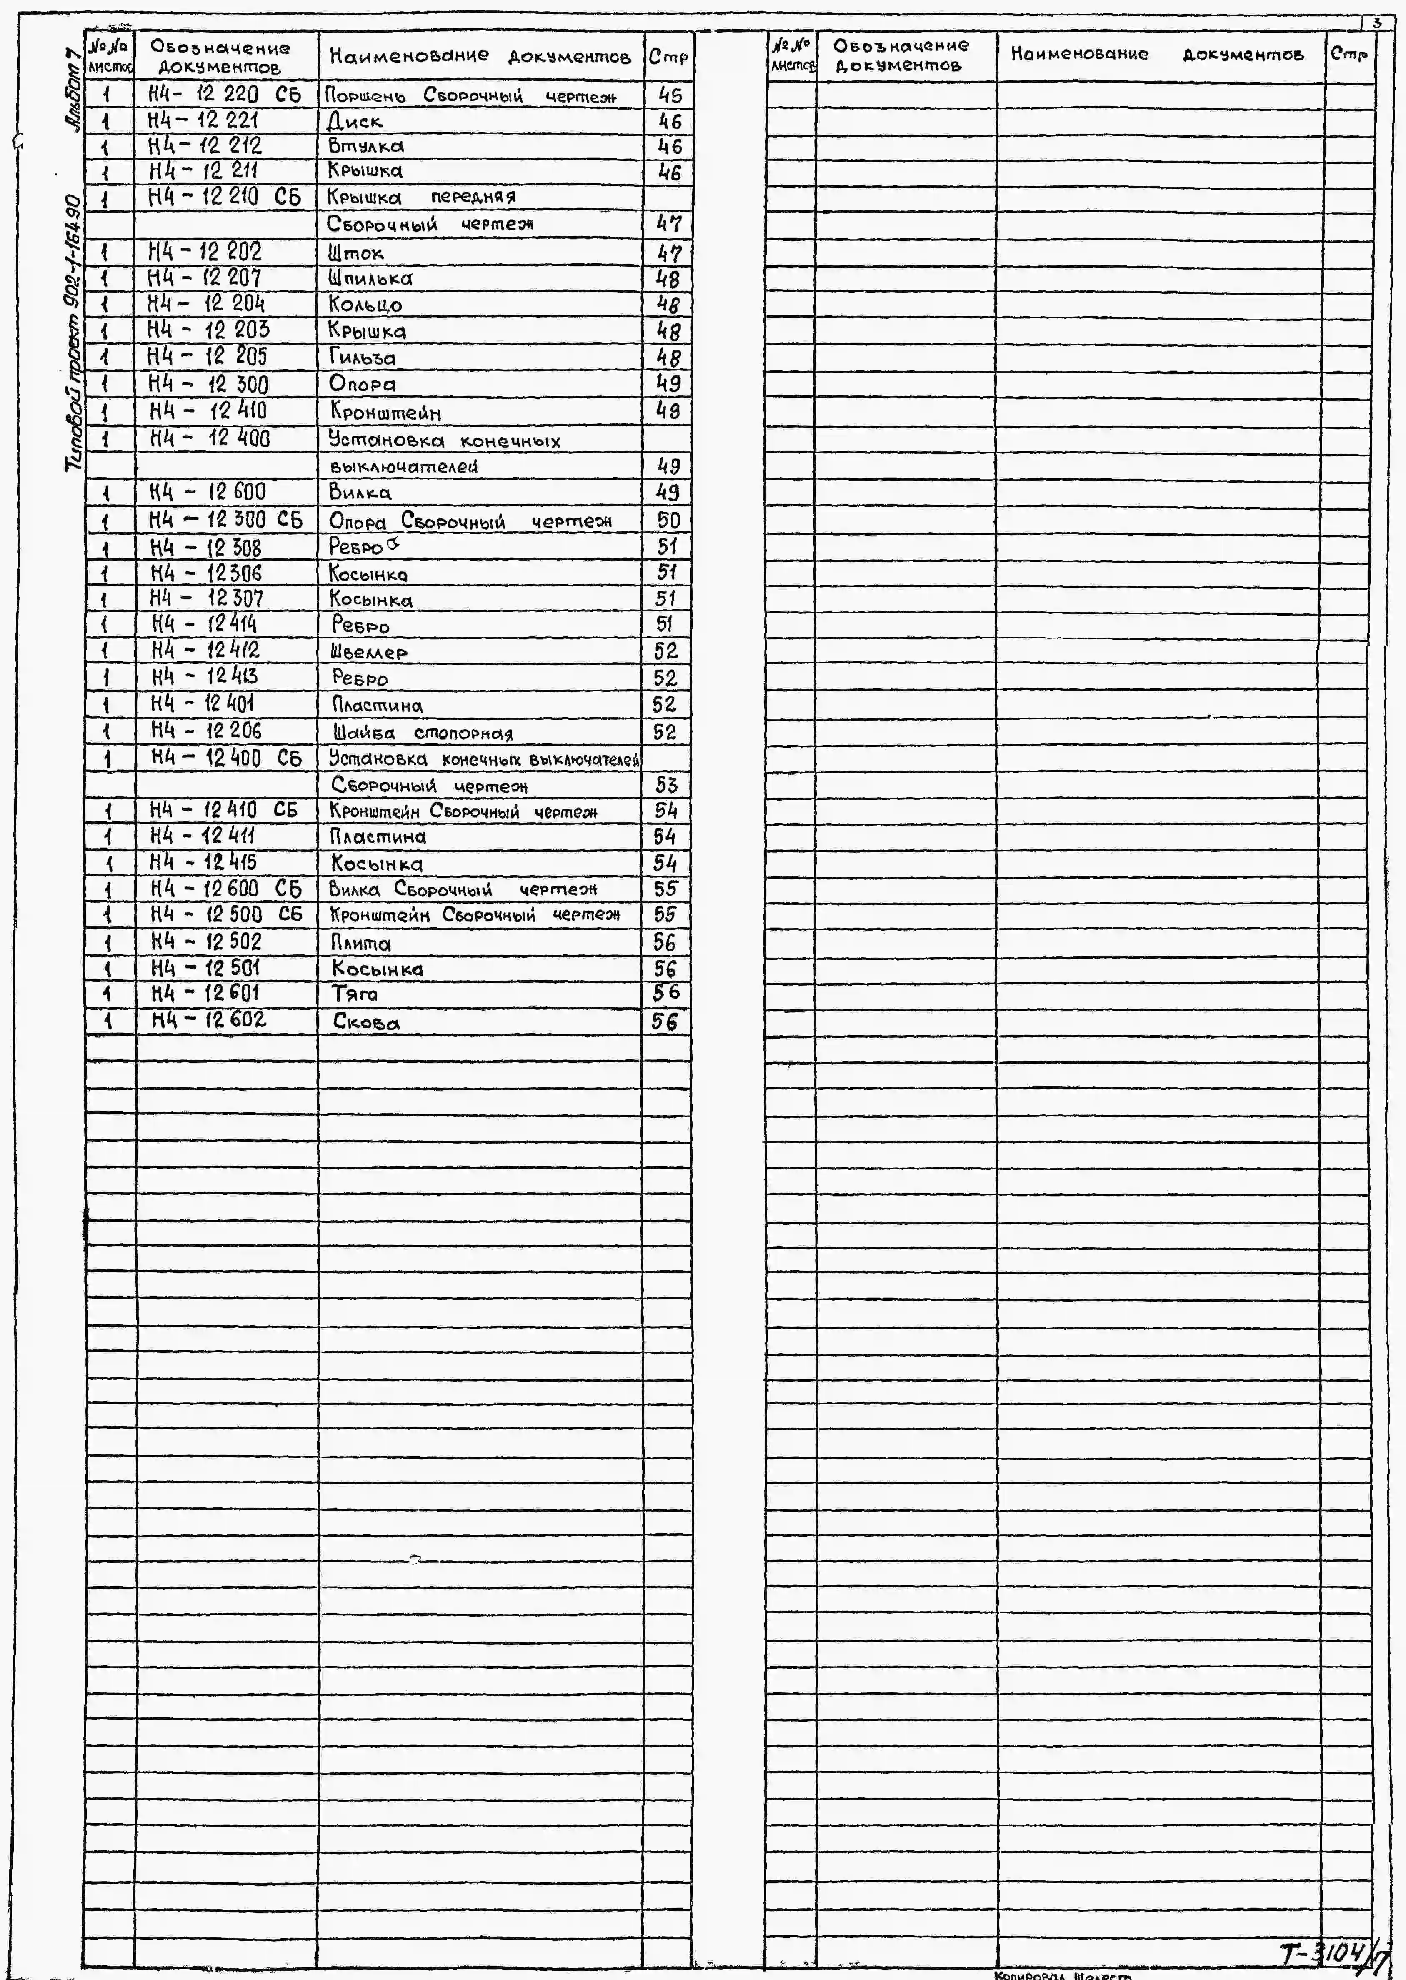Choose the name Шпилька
[x=370, y=279]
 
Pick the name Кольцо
[x=365, y=305]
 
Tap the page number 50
[x=668, y=521]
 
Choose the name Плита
[x=361, y=943]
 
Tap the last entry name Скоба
[x=366, y=1022]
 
